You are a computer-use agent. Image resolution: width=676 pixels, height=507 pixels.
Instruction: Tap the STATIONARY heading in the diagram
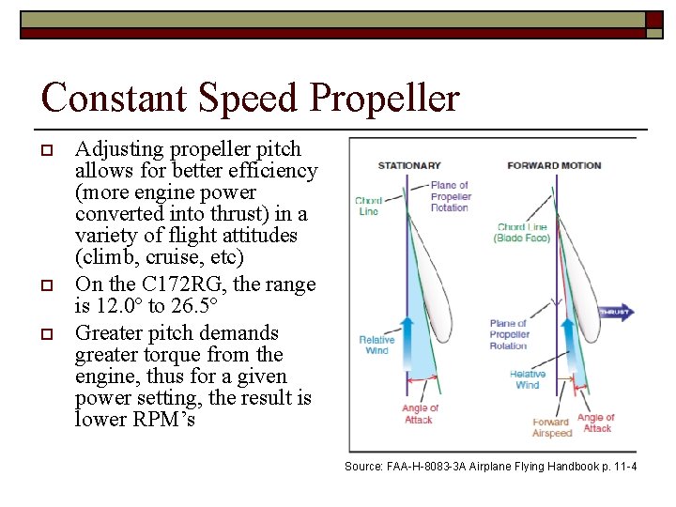tap(408, 166)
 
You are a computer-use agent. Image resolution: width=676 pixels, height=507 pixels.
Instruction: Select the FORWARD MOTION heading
tap(554, 166)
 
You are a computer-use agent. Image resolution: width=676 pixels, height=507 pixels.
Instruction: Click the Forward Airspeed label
tap(551, 428)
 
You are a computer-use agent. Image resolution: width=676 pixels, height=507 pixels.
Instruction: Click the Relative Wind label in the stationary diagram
tap(376, 346)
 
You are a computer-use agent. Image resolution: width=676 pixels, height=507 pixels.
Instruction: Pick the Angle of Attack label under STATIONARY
tap(420, 414)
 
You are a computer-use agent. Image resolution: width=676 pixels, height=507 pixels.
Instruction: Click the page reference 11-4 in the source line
tap(622, 467)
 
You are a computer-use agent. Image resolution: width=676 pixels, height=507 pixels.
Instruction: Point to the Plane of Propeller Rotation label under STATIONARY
tap(450, 196)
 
